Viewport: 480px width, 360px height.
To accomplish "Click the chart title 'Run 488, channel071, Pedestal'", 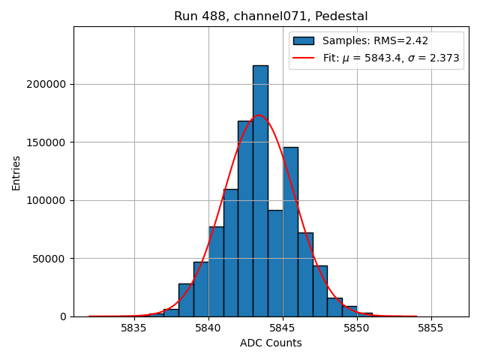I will [x=271, y=16].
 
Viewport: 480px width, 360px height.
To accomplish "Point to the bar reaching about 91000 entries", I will [x=275, y=263].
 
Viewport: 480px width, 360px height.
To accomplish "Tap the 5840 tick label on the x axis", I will [x=208, y=328].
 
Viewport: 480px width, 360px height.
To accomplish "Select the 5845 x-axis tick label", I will [x=283, y=328].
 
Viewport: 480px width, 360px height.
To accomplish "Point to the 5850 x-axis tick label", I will [x=357, y=328].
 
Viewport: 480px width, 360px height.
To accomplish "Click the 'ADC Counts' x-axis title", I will [x=271, y=343].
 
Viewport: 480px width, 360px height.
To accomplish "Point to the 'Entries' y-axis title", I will [x=16, y=172].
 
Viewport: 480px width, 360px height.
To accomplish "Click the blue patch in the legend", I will [x=303, y=40].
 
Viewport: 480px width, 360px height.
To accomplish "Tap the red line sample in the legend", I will [x=303, y=58].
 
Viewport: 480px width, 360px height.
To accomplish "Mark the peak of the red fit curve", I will [x=259, y=115].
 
